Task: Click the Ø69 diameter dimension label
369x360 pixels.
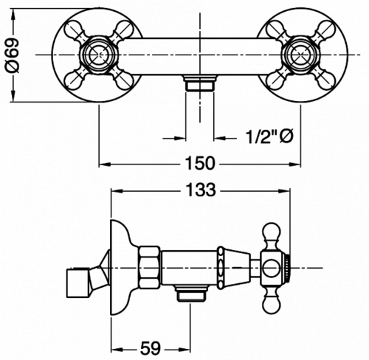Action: [x=13, y=55]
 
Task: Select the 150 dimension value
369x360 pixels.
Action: [x=200, y=163]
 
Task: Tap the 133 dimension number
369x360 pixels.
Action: [x=201, y=190]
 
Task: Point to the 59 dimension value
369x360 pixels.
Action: [x=151, y=348]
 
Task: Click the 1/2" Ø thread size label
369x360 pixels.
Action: [x=270, y=136]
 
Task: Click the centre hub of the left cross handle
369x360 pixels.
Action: [x=97, y=55]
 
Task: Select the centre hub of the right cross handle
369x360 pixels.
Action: [x=299, y=55]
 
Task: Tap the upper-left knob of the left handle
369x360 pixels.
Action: [x=72, y=29]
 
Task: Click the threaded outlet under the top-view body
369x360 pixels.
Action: [x=199, y=83]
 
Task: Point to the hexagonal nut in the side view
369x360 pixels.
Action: [x=149, y=267]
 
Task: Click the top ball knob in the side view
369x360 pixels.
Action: [x=272, y=233]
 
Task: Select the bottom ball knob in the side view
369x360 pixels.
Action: [x=272, y=302]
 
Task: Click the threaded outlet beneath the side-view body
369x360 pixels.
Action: [x=190, y=293]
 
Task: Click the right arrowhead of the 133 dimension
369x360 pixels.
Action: [x=285, y=190]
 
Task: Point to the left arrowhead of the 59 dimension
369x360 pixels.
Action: [x=117, y=349]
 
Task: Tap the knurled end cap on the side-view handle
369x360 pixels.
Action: [x=288, y=267]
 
